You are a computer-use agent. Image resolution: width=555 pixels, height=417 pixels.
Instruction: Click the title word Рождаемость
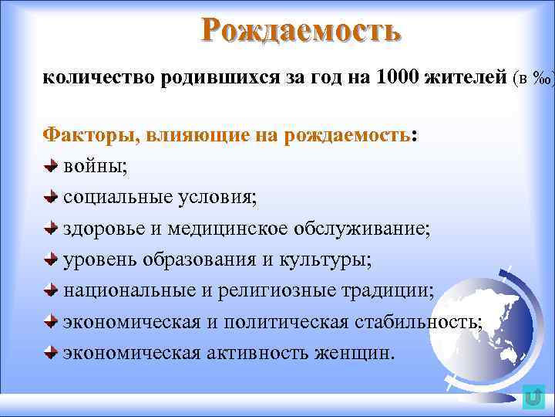point(301,30)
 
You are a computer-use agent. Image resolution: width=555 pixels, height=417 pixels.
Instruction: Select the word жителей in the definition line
point(465,77)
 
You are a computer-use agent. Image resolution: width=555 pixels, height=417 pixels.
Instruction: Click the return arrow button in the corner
point(533,397)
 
